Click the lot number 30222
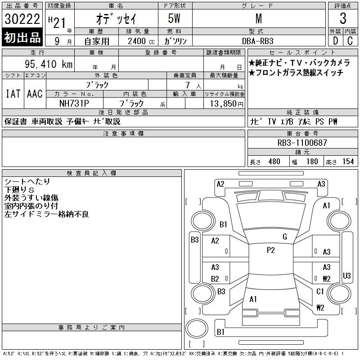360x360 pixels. coord(22,19)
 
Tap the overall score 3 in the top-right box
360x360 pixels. coord(343,19)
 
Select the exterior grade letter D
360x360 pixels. coord(335,40)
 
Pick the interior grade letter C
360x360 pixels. coord(350,40)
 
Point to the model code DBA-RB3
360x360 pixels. coord(258,40)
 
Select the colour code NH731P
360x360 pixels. coord(74,103)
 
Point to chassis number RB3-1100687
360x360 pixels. coord(302,143)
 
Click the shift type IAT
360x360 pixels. coord(13,94)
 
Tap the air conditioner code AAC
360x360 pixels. coord(35,94)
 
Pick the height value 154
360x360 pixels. coord(348,162)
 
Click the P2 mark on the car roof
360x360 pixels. coord(270,250)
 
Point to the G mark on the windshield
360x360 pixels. coord(284,237)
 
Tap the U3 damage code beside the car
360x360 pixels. coord(346,275)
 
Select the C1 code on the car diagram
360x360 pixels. coord(320,292)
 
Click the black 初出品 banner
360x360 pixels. coord(22,38)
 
